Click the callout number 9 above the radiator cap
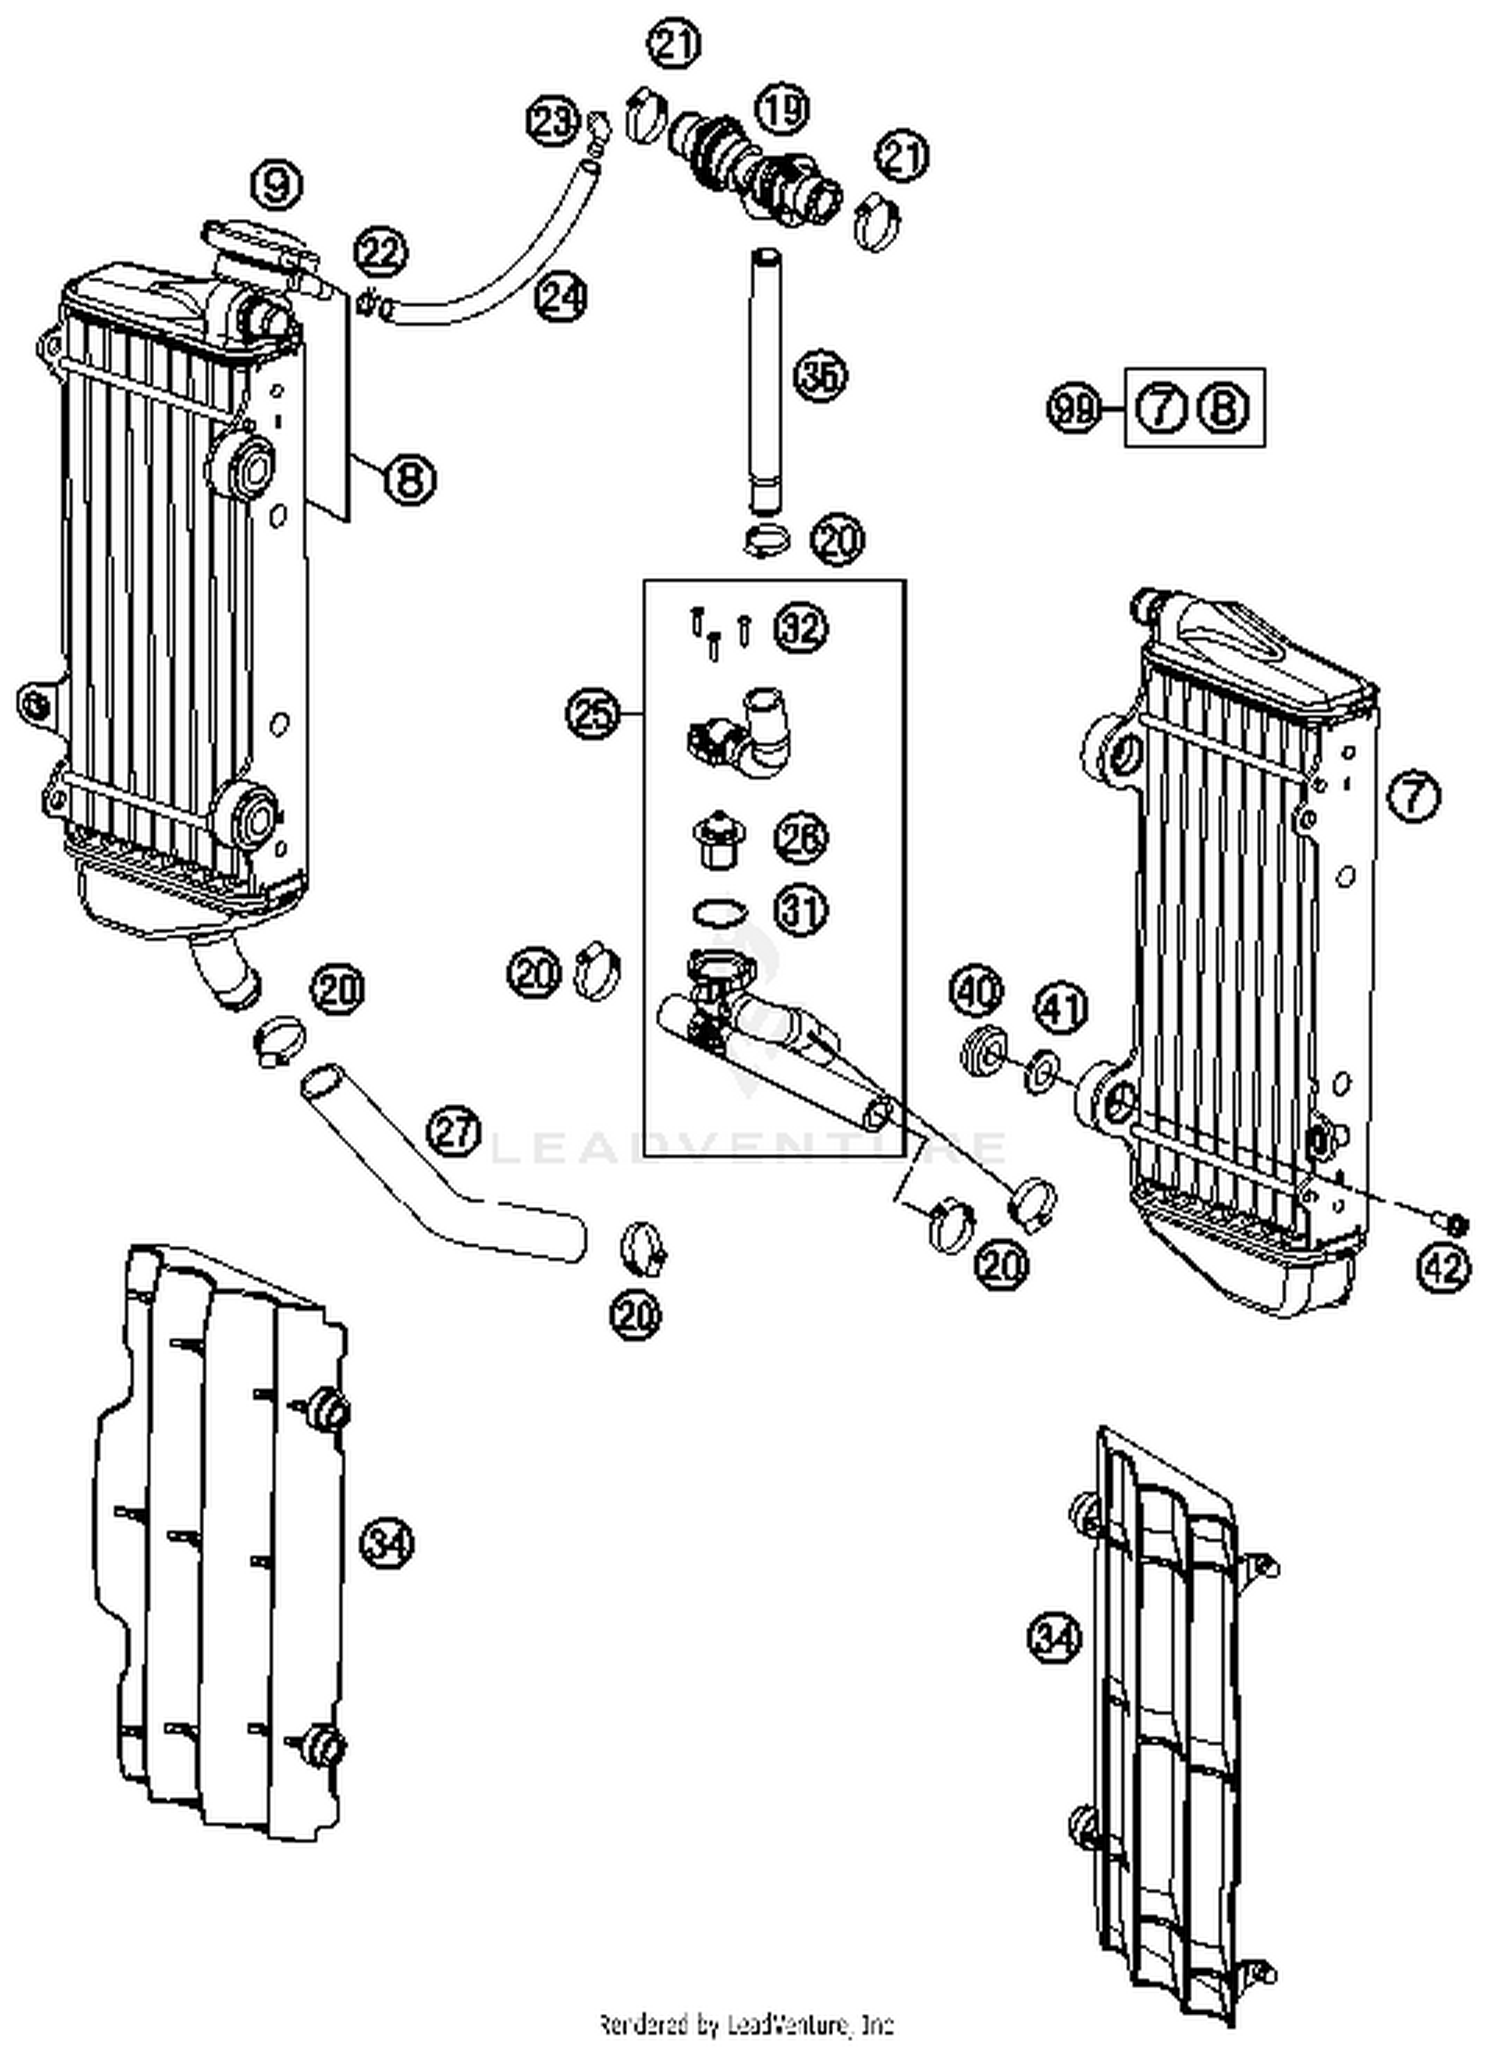tap(277, 185)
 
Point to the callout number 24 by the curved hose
tap(560, 297)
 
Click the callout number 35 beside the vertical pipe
tap(820, 376)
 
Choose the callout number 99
tap(1074, 409)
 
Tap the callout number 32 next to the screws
tap(801, 629)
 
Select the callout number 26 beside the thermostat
tap(801, 839)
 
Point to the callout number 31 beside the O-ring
tap(801, 911)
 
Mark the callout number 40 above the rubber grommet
tap(976, 992)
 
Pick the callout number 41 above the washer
tap(1060, 1007)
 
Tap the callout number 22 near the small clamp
tap(381, 252)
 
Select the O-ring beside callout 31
tap(718, 912)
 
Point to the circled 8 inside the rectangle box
tap(1224, 409)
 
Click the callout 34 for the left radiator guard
tap(387, 1543)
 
